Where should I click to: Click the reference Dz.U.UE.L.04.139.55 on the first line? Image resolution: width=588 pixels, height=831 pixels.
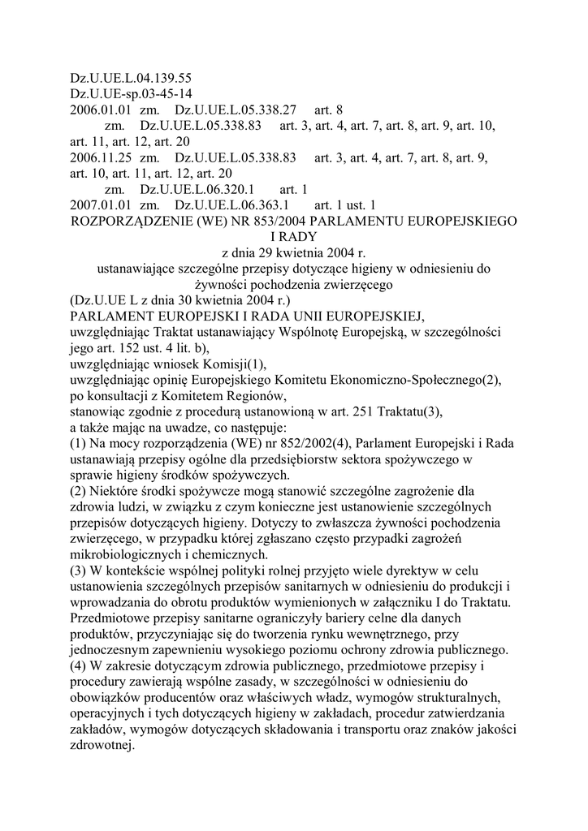pyautogui.click(x=131, y=79)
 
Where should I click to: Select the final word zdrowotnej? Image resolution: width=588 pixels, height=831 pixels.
pyautogui.click(x=102, y=744)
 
